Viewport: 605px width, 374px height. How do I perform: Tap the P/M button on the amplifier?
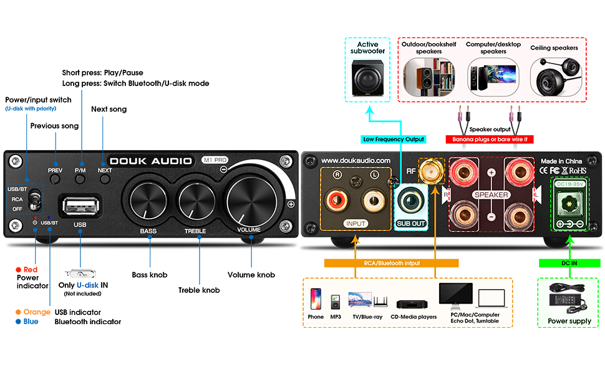(x=80, y=180)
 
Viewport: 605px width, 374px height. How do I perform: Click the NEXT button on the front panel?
(x=104, y=180)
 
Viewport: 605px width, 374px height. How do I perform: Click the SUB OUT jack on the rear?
(x=410, y=203)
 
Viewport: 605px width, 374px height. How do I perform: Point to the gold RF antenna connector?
(x=430, y=170)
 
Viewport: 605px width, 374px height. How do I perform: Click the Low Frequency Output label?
(x=394, y=139)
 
